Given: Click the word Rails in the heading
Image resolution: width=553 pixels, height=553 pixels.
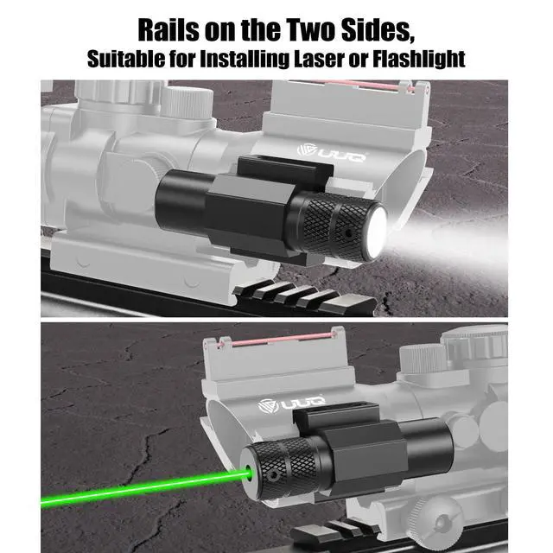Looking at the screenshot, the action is pos(168,31).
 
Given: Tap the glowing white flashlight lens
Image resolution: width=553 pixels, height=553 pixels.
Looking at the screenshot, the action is pos(377,231).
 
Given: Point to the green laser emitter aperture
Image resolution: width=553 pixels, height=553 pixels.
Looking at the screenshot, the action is pos(249,473).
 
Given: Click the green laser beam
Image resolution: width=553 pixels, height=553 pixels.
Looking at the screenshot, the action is pos(144,487).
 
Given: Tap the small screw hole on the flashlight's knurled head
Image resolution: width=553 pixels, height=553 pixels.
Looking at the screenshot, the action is pos(348,233).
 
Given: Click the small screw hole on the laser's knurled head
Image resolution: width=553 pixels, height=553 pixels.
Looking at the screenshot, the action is pos(272,477).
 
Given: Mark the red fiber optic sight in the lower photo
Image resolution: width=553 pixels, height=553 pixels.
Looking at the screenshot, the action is pos(278,339).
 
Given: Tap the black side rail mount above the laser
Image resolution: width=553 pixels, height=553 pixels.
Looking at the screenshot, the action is pos(336,416).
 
